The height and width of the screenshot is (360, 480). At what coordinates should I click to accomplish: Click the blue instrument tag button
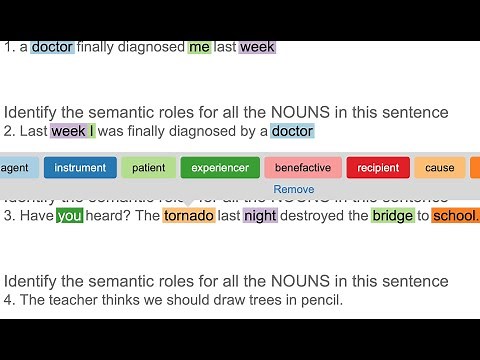80,168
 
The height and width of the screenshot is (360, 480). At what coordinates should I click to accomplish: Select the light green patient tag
148,168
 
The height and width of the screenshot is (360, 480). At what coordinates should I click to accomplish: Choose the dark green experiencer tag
220,168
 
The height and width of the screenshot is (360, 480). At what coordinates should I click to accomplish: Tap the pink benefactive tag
302,168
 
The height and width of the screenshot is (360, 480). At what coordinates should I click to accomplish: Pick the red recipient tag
377,168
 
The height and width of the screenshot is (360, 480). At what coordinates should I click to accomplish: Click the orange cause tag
439,168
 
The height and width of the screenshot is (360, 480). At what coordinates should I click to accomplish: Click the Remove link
293,189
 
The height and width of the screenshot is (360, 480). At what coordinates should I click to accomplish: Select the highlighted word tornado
188,216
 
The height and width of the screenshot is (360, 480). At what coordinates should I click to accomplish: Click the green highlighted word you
69,216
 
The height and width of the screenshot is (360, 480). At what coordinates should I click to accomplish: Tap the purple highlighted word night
260,216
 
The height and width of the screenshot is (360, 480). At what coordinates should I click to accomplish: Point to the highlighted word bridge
392,216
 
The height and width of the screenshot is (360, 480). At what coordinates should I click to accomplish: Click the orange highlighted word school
455,216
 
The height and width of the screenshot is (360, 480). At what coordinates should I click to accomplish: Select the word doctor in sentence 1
52,47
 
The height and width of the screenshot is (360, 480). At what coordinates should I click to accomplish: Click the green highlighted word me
199,47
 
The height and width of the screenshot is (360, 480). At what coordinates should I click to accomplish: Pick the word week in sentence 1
257,47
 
